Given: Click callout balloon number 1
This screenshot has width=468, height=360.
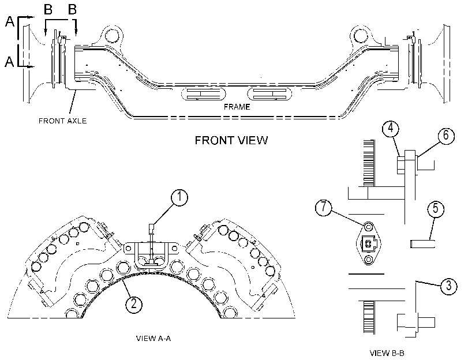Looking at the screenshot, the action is coord(179,198).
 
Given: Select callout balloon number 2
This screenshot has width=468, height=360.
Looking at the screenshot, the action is coord(134,303).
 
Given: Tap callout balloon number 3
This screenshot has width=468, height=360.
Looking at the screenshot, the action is coord(448,286).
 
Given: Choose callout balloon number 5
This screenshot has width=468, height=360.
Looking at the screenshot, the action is coord(436,208).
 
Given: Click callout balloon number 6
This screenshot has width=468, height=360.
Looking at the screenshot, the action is coord(446,135).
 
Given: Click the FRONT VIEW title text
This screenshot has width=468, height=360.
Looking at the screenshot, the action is coord(231,140).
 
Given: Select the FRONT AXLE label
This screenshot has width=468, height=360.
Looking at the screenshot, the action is coord(63,121).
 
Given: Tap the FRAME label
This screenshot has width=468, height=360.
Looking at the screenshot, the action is coord(237,107).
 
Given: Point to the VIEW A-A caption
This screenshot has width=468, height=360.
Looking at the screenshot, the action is coord(153,338).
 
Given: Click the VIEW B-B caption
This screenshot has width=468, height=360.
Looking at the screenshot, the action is coord(387,353).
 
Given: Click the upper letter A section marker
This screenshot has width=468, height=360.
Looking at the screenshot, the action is coord(10,21).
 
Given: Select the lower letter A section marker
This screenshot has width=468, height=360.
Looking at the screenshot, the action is coord(10,62).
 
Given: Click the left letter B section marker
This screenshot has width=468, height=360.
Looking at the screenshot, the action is coord(48,9).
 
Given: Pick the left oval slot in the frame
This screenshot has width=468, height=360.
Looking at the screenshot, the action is coord(204,94).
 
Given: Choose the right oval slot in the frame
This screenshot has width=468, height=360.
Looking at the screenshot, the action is coord(269,94).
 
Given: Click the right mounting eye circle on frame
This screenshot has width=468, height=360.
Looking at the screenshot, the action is coord(361,36).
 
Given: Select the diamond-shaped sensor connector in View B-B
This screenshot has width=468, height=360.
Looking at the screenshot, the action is coord(369,243).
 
